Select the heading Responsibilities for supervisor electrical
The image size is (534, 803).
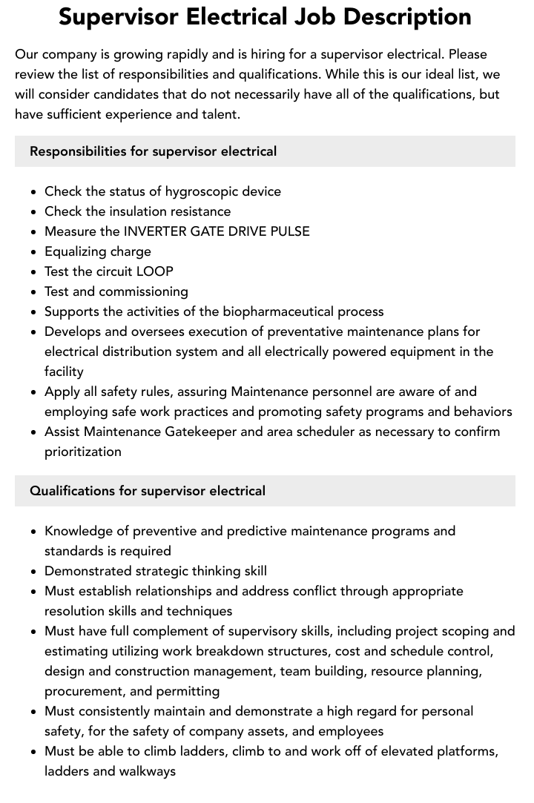153,151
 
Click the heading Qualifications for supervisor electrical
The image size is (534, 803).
148,491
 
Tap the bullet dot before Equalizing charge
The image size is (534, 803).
33,252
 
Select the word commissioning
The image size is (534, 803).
143,291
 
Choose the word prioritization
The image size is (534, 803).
83,452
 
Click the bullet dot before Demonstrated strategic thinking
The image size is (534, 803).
33,572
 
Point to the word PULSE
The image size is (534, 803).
290,231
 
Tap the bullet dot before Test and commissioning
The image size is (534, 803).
33,292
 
